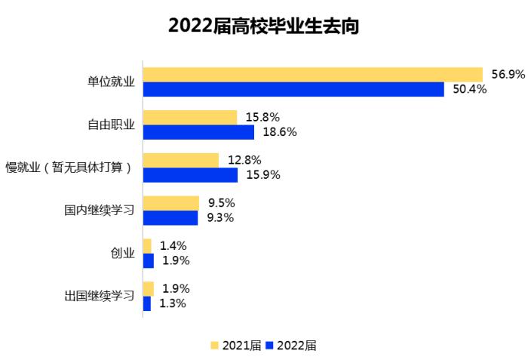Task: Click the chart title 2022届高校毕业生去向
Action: [x=263, y=26]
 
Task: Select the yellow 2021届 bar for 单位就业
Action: [x=312, y=74]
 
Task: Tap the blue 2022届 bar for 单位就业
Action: [x=293, y=89]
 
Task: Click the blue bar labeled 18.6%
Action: [x=198, y=132]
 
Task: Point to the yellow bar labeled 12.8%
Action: [x=181, y=160]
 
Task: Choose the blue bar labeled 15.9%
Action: [x=190, y=175]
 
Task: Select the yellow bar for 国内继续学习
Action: [x=171, y=203]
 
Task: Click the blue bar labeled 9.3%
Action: [x=170, y=218]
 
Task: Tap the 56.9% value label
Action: [x=508, y=74]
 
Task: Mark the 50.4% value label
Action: [x=469, y=89]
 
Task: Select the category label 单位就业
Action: [x=110, y=82]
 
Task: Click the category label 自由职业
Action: [x=110, y=125]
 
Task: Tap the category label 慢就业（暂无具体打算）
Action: [x=69, y=168]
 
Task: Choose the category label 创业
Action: [x=122, y=254]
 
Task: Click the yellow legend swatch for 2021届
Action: [x=214, y=345]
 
